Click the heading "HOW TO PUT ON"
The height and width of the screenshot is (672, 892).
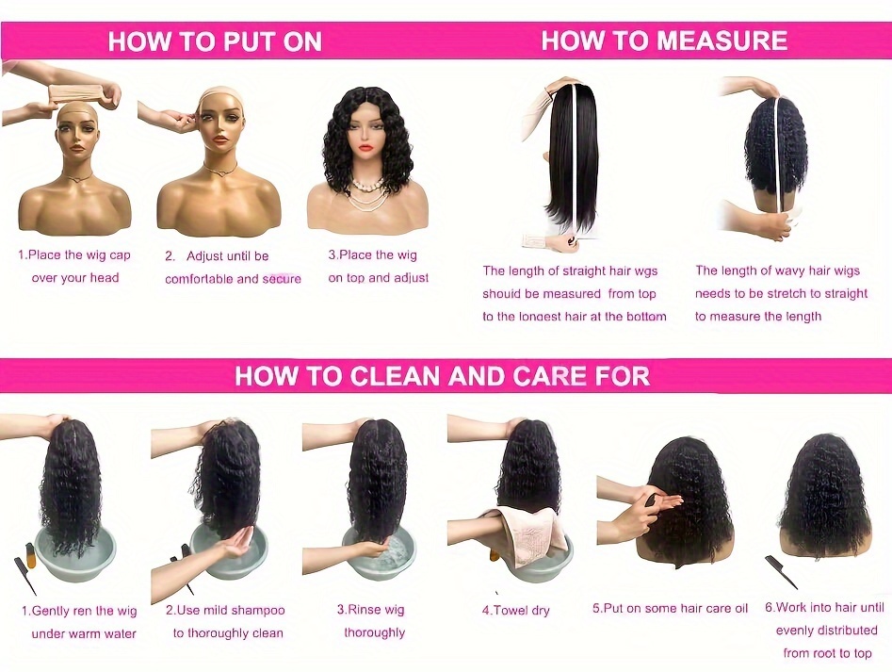point(215,41)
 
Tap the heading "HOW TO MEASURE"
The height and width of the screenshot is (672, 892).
point(664,41)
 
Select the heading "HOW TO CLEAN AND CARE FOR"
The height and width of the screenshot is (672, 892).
point(442,376)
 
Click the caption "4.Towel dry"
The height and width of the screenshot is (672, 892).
point(516,611)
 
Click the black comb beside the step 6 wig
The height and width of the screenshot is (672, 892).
point(781,572)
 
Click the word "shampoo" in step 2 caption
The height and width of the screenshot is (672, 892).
point(258,611)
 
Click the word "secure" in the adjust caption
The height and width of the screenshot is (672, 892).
point(282,279)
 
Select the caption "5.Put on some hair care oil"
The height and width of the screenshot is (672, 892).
point(670,608)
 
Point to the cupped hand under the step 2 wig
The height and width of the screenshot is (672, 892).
point(234,545)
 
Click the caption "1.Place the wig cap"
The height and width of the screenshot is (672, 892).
point(74,254)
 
